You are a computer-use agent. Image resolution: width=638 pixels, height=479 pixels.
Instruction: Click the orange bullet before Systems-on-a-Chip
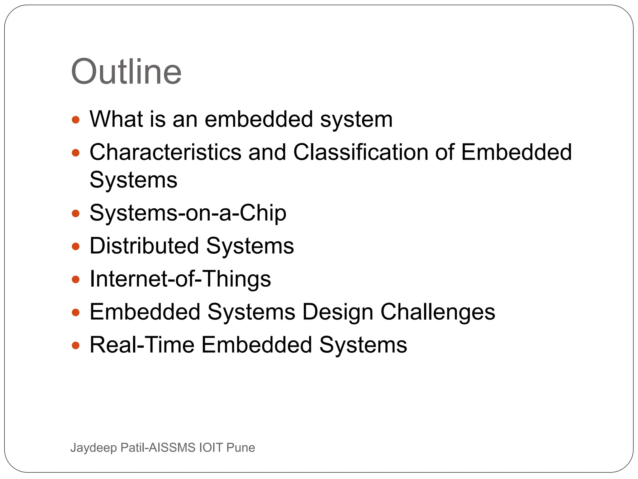tap(76, 214)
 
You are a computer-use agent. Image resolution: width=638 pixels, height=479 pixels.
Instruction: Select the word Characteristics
tap(165, 152)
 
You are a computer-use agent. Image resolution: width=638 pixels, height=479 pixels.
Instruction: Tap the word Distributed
tap(144, 246)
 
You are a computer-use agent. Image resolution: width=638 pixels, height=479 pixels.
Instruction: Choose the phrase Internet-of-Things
tap(180, 279)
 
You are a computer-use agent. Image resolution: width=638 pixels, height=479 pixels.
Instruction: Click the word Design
tap(338, 312)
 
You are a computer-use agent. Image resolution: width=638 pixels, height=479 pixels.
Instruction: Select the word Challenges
tap(438, 312)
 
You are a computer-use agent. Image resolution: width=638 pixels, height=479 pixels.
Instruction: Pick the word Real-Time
tap(142, 345)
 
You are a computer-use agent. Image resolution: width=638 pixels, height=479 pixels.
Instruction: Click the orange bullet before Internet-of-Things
tap(76, 279)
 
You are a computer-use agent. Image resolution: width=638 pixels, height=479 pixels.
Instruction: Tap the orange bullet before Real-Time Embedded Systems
tap(76, 345)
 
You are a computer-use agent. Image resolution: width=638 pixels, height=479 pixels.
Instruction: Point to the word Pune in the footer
tap(240, 448)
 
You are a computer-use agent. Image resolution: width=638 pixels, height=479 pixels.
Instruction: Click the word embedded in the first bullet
tap(259, 119)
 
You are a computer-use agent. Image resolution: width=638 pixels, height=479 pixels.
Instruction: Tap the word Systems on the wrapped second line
tap(133, 180)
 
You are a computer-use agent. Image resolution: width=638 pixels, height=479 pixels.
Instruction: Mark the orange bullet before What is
tap(76, 120)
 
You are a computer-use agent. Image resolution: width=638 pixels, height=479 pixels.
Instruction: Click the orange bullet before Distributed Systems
tap(76, 247)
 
